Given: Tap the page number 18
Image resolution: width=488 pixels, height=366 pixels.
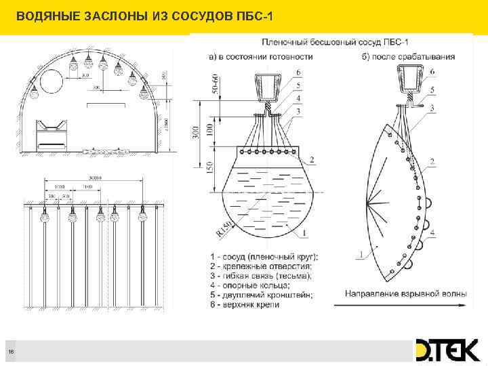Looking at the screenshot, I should tap(11, 350).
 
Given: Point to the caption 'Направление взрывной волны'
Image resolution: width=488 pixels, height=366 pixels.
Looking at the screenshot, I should tap(406, 293).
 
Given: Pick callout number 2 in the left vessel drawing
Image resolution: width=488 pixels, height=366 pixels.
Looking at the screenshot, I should tap(311, 161).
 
